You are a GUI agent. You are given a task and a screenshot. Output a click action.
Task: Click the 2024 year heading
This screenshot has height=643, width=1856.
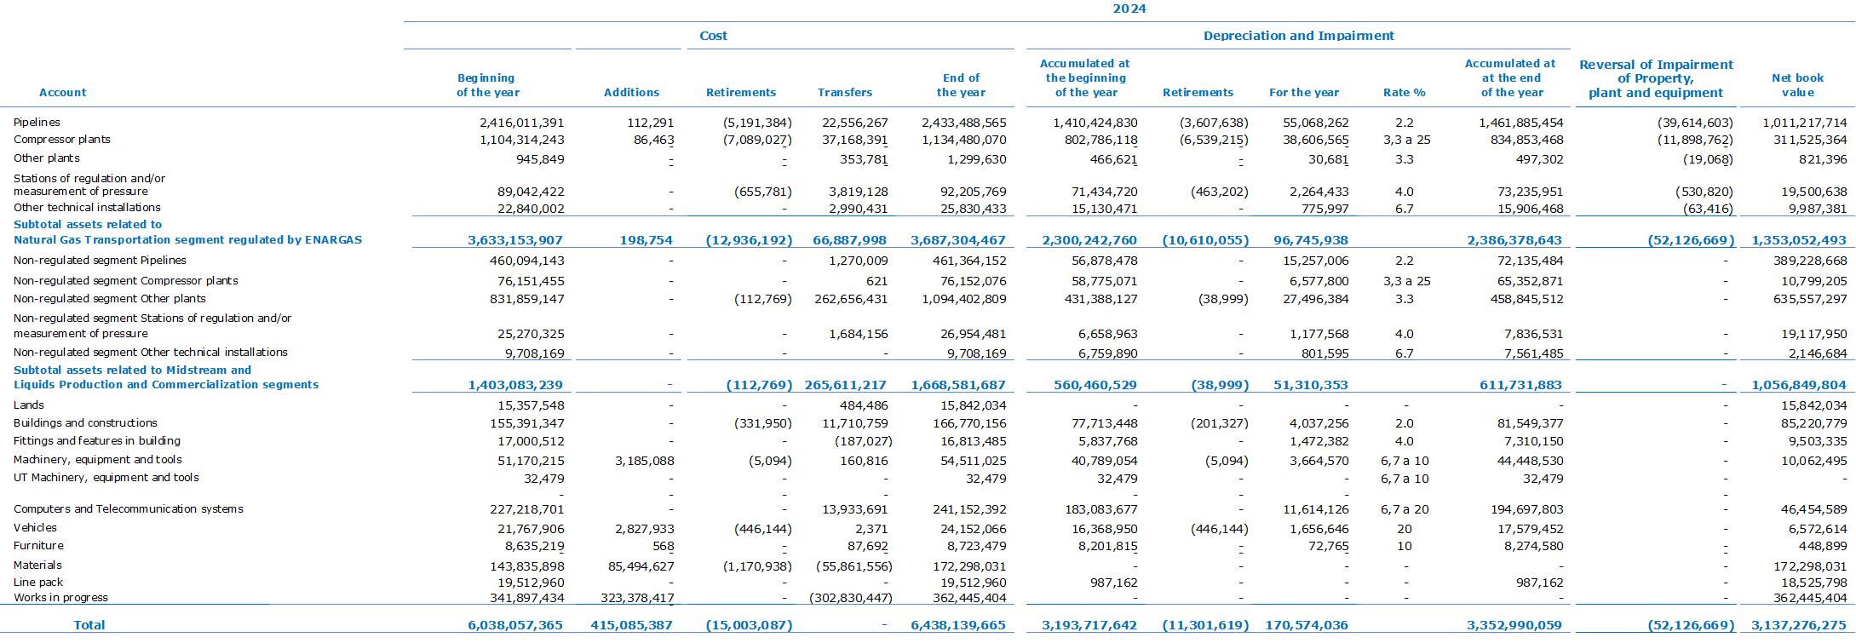click(x=1129, y=9)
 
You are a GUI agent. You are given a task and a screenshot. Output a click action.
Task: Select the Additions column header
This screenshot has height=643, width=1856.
click(x=631, y=92)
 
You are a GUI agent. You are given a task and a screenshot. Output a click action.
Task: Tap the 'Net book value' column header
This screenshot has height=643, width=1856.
click(x=1797, y=85)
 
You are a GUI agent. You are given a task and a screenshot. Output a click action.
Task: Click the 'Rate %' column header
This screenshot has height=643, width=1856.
click(x=1405, y=92)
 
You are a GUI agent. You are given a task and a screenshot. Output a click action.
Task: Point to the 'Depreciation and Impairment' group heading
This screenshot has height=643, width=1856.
click(x=1298, y=36)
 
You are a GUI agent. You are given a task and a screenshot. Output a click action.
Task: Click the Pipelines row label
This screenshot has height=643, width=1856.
click(x=37, y=123)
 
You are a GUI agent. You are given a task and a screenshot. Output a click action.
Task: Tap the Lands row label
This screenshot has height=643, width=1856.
click(x=28, y=405)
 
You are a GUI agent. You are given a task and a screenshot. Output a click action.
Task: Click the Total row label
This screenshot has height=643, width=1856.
click(x=89, y=625)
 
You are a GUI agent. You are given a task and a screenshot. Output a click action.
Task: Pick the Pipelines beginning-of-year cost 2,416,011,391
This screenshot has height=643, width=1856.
click(x=521, y=123)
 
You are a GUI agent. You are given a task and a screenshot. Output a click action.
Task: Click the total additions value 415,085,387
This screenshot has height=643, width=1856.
click(x=631, y=625)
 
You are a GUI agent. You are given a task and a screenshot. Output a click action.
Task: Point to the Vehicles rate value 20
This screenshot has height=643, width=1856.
click(x=1404, y=529)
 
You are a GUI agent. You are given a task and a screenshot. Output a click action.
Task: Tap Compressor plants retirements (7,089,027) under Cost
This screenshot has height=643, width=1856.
click(x=749, y=140)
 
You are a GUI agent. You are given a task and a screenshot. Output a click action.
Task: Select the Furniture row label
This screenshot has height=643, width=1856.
click(x=38, y=546)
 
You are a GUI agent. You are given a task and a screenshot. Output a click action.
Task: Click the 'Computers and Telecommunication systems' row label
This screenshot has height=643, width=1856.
click(x=129, y=509)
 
